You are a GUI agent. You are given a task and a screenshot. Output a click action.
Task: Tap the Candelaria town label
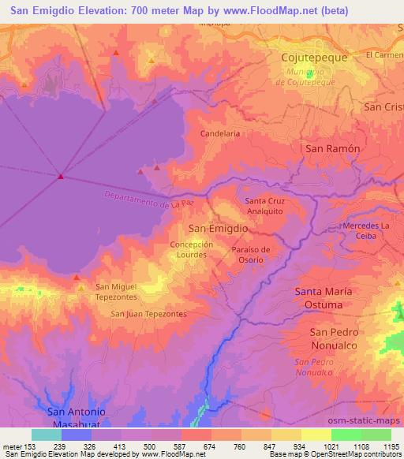pos(220,134)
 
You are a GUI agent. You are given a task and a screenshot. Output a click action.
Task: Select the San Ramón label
pos(333,148)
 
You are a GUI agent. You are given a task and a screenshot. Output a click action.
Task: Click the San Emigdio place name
pos(219,228)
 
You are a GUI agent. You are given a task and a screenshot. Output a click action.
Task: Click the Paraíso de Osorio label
pos(252,256)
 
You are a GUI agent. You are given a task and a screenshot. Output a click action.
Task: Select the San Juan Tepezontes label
pos(148,313)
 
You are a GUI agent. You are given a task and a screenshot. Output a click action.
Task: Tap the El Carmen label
pos(384,55)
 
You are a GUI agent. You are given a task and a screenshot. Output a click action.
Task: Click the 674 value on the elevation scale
pos(210,446)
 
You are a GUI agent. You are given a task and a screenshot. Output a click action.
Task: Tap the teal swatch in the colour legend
pos(46,435)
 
